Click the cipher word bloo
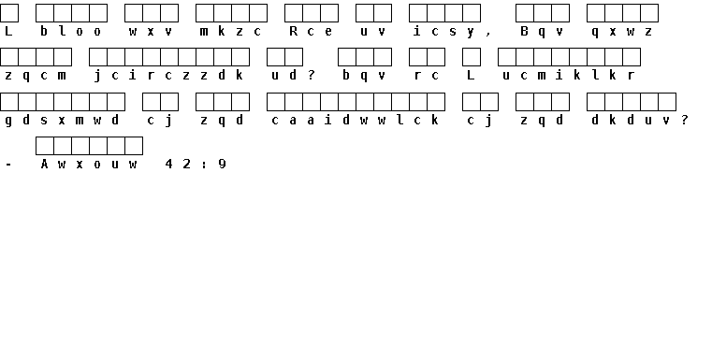(70, 31)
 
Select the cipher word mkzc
(231, 31)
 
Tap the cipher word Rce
(311, 31)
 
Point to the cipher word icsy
(444, 32)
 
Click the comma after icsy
(488, 34)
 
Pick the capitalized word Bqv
(542, 32)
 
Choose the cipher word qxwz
(622, 32)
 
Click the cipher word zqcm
(35, 76)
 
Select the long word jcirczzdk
(168, 76)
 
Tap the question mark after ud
(311, 75)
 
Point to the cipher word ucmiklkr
(569, 75)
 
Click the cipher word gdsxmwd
(62, 121)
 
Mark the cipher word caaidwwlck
(356, 120)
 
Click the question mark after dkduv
(684, 120)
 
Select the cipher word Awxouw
(89, 164)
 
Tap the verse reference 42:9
(196, 164)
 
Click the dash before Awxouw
(8, 165)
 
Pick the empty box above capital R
(294, 13)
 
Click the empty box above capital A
(45, 146)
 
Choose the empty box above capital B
(525, 13)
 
